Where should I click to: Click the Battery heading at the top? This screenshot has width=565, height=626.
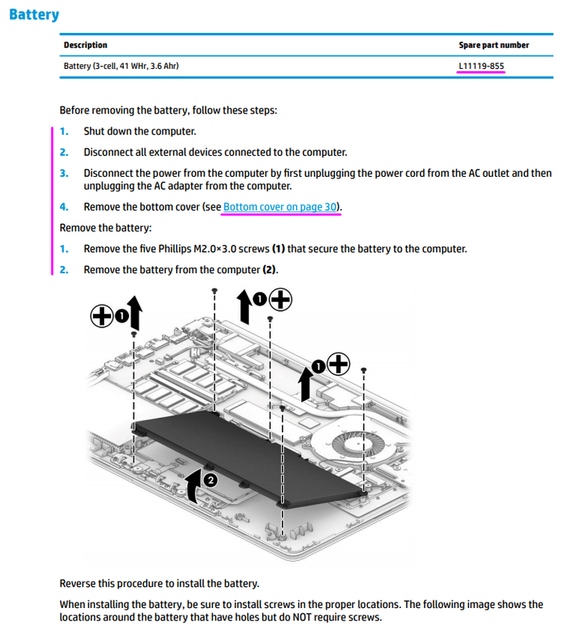[34, 14]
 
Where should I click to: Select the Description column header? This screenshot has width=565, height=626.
[85, 45]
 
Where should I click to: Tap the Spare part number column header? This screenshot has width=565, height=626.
[494, 45]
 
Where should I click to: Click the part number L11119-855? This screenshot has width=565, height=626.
[481, 67]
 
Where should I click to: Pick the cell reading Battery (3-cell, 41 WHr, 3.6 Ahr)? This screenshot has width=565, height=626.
[121, 67]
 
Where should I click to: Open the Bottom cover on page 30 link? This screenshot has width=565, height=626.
[280, 207]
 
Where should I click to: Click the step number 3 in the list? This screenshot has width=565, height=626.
[64, 173]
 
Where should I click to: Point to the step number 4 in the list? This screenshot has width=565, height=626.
[64, 207]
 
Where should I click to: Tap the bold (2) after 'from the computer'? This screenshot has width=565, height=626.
[269, 270]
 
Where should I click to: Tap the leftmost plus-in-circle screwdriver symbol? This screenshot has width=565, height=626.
[101, 315]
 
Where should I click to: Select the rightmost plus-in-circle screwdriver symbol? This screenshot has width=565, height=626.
[338, 364]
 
